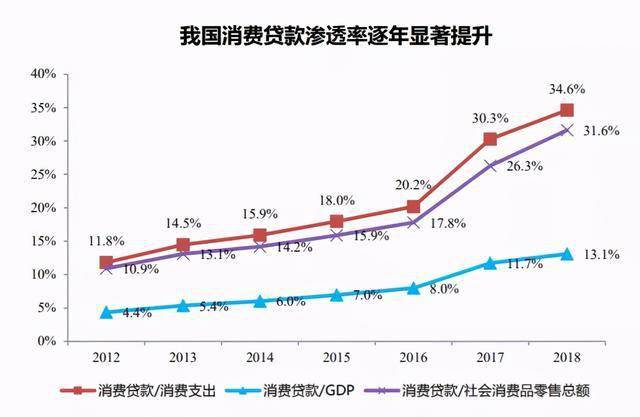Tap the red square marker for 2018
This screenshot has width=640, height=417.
[x=566, y=110]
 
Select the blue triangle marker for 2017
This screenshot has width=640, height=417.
[x=490, y=263]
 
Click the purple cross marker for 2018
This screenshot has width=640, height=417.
[x=566, y=130]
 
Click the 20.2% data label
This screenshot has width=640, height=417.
[x=413, y=185]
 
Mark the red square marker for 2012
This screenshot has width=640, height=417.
[x=107, y=263]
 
